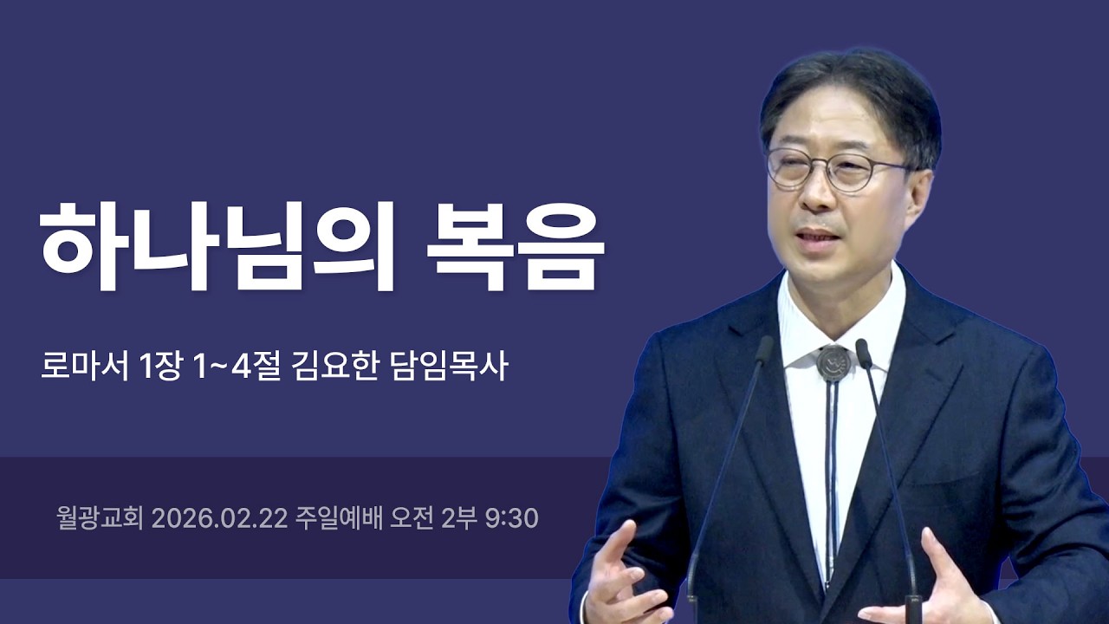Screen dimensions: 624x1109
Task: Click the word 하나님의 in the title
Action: point(217,246)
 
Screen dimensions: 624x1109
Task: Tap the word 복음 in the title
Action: point(515,246)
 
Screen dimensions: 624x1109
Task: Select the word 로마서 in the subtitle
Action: point(83,366)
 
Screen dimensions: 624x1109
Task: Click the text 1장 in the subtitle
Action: point(160,366)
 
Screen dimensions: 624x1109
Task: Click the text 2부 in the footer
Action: point(459,518)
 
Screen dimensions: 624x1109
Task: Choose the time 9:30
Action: point(512,518)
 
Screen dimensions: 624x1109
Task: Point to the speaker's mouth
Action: point(816,237)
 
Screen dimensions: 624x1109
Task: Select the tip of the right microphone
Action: point(864,351)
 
